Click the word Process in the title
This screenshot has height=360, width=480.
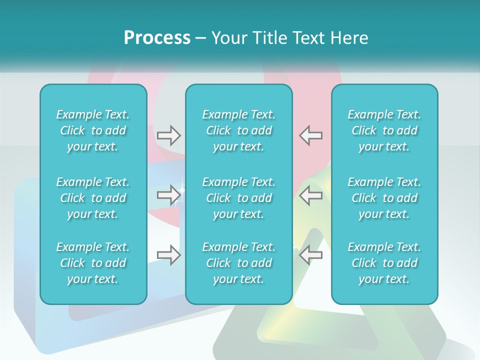[157, 38]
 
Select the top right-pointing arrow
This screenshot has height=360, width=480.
[169, 135]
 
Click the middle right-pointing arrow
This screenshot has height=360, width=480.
[169, 195]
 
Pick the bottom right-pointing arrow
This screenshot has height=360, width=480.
[169, 255]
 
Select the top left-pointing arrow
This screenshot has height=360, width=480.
[311, 135]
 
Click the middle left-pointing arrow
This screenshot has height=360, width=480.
[311, 195]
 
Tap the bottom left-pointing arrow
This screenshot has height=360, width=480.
[311, 255]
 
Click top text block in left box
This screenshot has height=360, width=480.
[93, 130]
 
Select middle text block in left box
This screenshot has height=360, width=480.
[93, 198]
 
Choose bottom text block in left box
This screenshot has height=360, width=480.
[93, 263]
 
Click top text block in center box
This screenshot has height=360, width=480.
[239, 130]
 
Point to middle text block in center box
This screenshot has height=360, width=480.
[239, 198]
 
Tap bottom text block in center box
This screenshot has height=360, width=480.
[239, 263]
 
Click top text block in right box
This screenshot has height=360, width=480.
[384, 130]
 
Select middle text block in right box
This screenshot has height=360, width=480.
[384, 198]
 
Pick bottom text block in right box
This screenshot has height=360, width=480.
[384, 263]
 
